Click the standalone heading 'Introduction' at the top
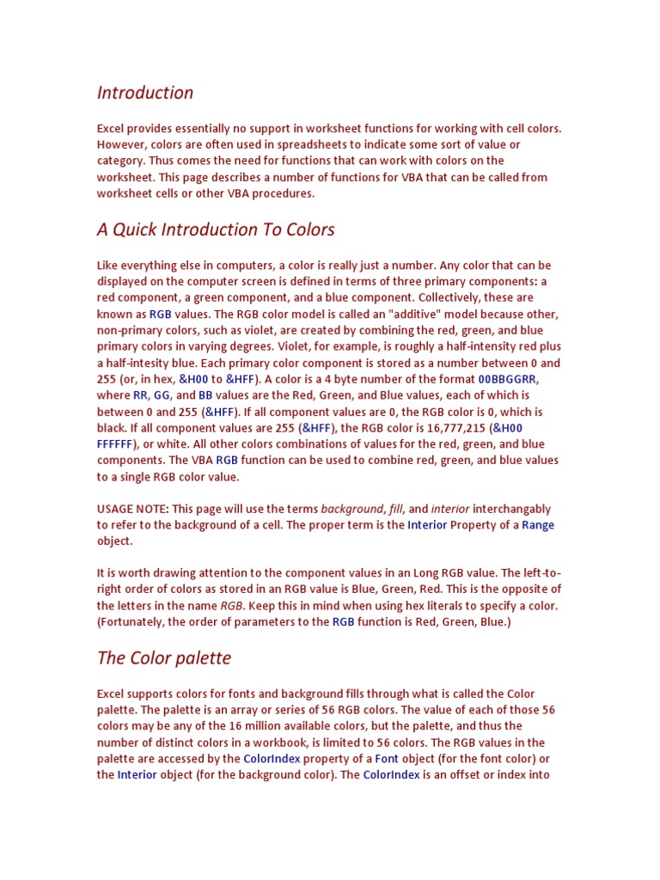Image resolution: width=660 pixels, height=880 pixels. (145, 93)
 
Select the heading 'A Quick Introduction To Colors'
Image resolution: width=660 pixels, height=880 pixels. (216, 229)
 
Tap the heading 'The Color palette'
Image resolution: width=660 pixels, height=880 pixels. (164, 658)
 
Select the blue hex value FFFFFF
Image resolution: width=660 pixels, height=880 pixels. (114, 444)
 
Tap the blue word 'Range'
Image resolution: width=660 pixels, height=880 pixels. (538, 525)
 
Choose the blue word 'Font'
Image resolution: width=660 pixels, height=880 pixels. (387, 759)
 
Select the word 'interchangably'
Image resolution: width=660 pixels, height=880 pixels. (512, 509)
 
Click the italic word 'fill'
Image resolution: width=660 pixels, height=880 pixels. (396, 509)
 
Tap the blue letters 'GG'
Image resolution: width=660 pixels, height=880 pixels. (162, 395)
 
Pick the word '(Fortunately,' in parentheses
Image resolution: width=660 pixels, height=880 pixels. (135, 621)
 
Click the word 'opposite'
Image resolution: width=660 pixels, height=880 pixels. (523, 589)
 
